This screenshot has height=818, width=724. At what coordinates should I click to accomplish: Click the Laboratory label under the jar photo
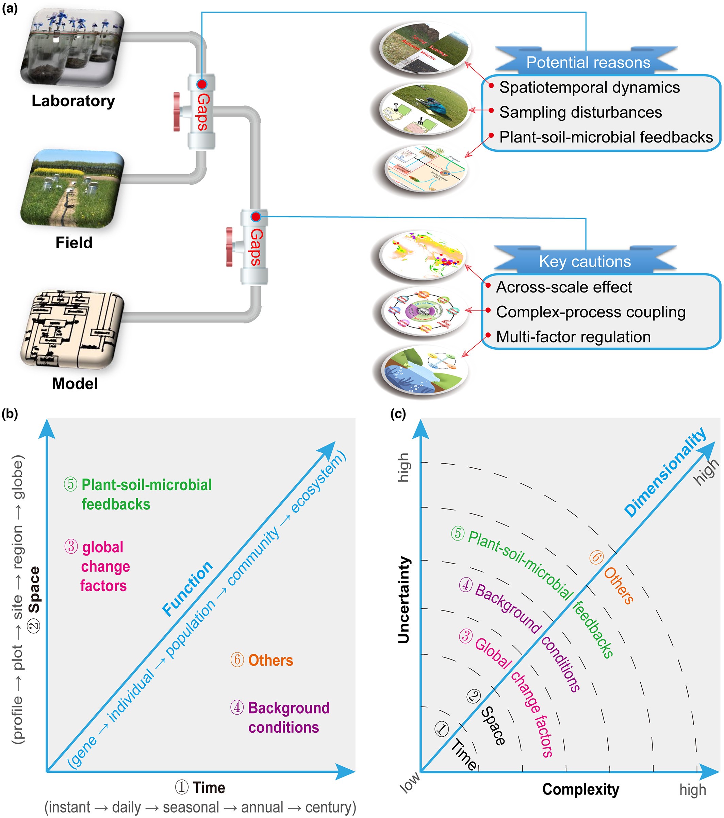(73, 101)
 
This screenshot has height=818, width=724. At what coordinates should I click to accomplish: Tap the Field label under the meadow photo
(74, 243)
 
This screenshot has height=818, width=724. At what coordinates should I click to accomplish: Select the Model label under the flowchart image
(75, 383)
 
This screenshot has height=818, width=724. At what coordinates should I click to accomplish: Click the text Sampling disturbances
(580, 113)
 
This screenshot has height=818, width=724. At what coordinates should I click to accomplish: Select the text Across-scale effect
(563, 287)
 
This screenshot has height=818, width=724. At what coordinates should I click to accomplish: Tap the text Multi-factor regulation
(573, 337)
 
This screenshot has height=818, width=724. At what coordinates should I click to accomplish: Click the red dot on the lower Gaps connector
(256, 217)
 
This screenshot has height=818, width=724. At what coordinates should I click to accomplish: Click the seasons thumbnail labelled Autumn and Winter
(424, 47)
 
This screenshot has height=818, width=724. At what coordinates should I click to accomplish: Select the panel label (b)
(10, 414)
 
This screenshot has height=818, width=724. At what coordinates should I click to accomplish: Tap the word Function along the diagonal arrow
(187, 588)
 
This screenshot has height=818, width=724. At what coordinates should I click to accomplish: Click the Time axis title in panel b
(209, 788)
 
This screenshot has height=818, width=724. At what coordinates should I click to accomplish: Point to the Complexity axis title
(580, 789)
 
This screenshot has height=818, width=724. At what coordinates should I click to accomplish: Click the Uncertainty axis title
(404, 600)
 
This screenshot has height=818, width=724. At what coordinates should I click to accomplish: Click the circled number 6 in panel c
(596, 557)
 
